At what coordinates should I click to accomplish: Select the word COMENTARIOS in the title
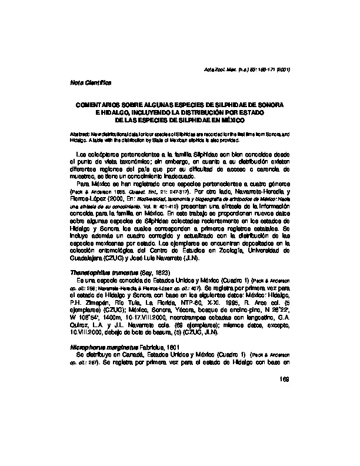click(x=96, y=104)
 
